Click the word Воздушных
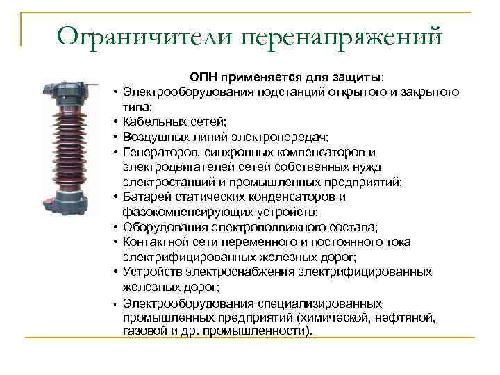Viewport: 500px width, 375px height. (154, 136)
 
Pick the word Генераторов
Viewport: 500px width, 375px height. (158, 151)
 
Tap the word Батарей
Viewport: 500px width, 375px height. (144, 197)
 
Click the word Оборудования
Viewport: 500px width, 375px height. (162, 226)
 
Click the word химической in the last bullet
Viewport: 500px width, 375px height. (334, 318)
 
